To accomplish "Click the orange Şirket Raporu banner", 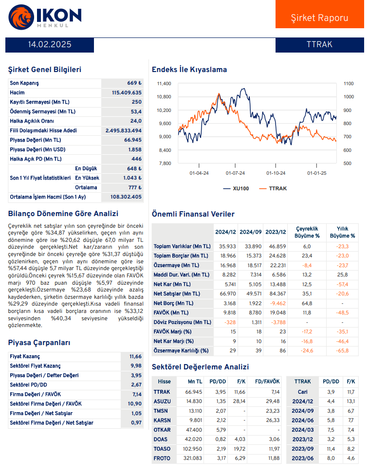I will [319, 15].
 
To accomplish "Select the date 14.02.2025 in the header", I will [50, 44].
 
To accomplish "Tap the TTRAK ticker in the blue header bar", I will [319, 44].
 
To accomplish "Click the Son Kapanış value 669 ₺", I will [134, 83].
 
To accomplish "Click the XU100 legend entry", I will [235, 188].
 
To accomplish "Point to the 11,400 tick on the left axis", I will [164, 84].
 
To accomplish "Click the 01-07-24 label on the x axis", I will [235, 173].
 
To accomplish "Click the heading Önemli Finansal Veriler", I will [193, 214].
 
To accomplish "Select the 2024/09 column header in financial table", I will [251, 232].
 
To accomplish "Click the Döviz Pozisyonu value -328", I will [229, 322].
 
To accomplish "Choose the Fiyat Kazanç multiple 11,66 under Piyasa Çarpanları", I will [136, 357].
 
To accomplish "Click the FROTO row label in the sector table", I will [162, 458].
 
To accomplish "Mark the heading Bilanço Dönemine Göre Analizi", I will [63, 214].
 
